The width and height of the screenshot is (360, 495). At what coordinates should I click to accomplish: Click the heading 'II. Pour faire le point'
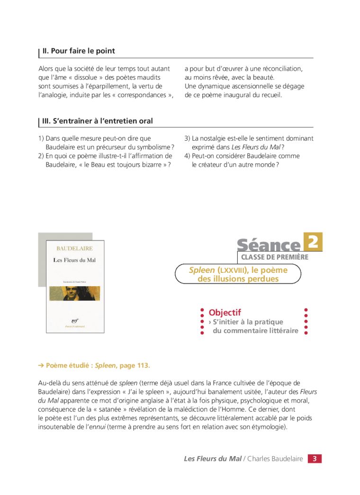79,51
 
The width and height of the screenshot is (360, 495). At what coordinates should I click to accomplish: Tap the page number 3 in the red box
315,459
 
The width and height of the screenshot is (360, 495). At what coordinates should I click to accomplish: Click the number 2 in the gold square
313,242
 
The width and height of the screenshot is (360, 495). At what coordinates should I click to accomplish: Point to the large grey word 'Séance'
269,245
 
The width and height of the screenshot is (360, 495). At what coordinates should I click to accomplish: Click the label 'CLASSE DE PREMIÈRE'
275,257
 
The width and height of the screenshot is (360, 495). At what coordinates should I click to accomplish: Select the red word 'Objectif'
225,313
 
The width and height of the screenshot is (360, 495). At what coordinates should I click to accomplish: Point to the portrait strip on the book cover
75,293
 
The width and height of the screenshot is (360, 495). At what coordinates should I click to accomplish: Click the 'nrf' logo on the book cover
75,319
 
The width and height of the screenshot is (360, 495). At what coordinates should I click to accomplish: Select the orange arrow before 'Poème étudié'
41,366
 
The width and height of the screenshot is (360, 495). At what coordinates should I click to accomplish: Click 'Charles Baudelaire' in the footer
275,459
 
